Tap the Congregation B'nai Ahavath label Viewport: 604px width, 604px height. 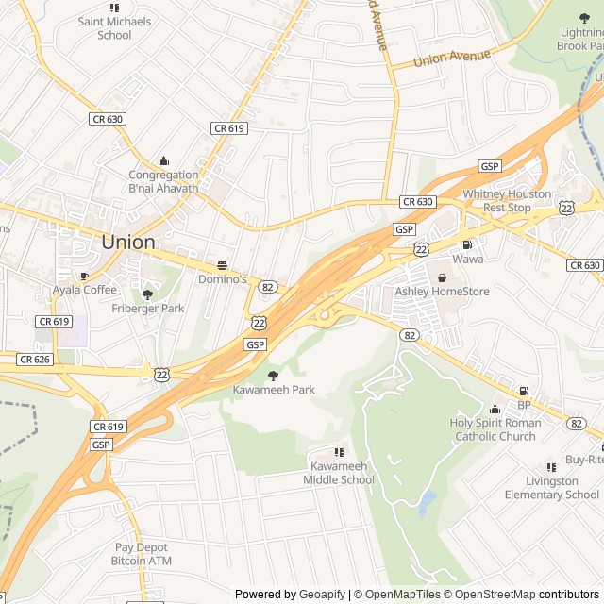[x=164, y=181]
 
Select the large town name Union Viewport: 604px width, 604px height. [x=127, y=242]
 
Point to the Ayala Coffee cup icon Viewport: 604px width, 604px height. [x=84, y=276]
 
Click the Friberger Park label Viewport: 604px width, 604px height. [x=148, y=309]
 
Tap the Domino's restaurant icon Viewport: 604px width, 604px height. [x=223, y=265]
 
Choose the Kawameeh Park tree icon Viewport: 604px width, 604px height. [x=274, y=375]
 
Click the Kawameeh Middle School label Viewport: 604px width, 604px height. [x=339, y=473]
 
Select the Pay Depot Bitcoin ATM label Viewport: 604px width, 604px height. [x=142, y=554]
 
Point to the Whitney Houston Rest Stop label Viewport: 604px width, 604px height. [x=507, y=200]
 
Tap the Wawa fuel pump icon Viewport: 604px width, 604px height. [x=467, y=244]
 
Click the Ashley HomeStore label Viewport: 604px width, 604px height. [x=442, y=292]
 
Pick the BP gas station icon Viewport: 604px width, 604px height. [x=524, y=391]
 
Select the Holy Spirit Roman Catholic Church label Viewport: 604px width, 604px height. [x=495, y=429]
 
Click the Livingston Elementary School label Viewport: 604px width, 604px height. [x=551, y=488]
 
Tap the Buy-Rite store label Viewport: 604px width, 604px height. [x=583, y=461]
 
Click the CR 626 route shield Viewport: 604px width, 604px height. [x=34, y=359]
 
